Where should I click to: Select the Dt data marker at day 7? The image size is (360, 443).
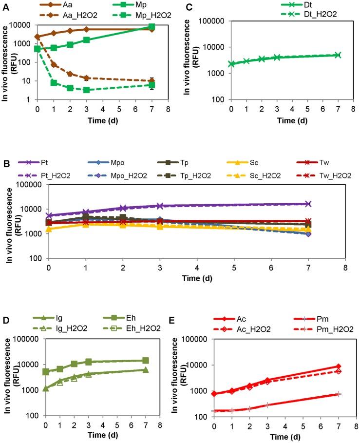point(338,55)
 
